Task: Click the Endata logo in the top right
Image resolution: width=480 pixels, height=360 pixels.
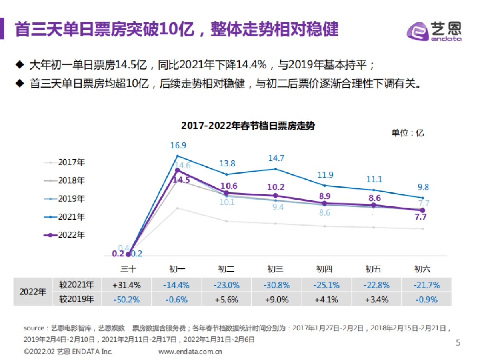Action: point(434,30)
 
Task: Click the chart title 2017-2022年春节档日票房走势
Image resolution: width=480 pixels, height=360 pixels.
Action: point(248,126)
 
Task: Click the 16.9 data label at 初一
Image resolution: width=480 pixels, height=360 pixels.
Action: point(178,145)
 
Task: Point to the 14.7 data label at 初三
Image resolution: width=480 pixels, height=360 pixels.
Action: point(276,158)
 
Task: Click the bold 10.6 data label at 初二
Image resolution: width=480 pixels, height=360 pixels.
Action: point(228,186)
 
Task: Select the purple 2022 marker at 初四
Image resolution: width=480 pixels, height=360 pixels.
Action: point(324,204)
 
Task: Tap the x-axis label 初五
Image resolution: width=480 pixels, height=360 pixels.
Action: point(373,268)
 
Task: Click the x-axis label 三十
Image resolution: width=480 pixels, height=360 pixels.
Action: point(128,268)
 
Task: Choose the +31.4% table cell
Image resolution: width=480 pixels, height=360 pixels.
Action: point(126,285)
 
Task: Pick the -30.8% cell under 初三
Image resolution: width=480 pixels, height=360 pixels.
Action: point(276,285)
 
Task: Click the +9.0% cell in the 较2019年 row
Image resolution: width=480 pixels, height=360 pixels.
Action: point(276,299)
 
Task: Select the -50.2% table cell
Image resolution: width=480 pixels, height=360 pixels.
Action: point(126,299)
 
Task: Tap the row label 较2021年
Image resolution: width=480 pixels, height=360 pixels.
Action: point(76,285)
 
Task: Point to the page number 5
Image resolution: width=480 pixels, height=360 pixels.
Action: point(458,343)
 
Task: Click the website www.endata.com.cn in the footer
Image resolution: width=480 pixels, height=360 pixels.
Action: point(190,352)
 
